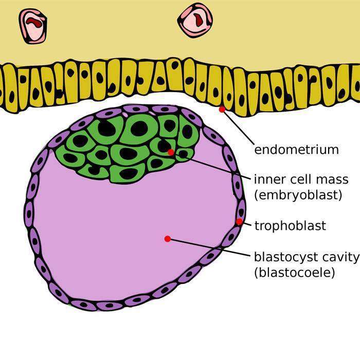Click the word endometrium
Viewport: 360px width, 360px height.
297,150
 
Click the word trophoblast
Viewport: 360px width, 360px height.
290,226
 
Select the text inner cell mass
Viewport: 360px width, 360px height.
301,179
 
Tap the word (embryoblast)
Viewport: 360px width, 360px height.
291,195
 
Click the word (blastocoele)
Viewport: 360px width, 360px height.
294,272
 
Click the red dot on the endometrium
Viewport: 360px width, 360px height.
222,110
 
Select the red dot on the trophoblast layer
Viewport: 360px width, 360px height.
239,222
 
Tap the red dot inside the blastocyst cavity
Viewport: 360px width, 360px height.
167,239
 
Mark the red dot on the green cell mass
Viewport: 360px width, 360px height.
171,152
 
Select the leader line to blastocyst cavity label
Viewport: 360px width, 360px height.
211,247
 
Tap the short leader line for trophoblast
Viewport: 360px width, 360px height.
246,224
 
